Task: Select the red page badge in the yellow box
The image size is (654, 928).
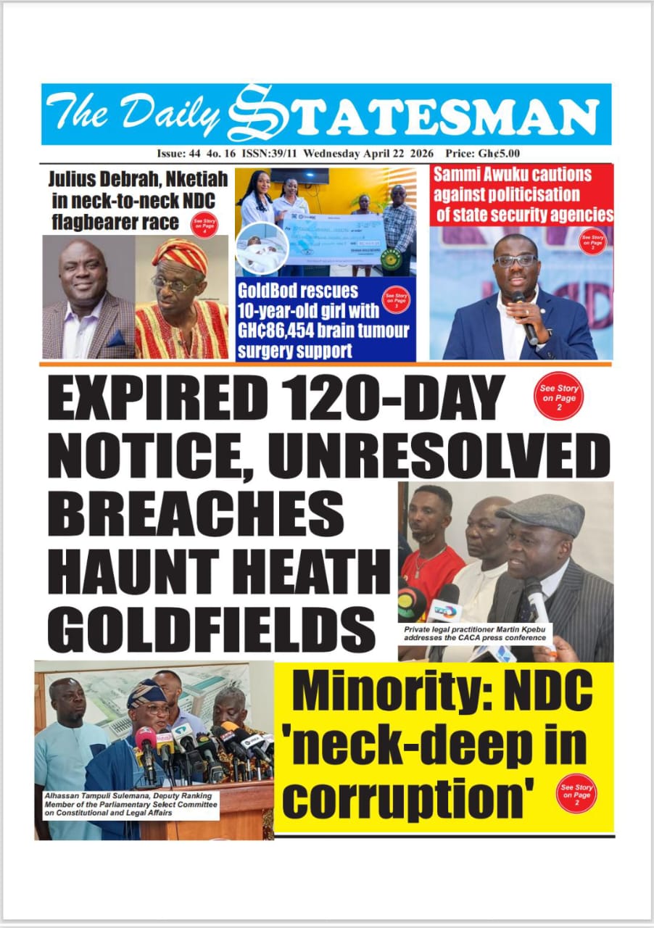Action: pos(577,792)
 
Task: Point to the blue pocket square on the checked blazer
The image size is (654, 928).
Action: pos(116,339)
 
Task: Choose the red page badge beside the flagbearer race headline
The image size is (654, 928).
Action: pos(204,225)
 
